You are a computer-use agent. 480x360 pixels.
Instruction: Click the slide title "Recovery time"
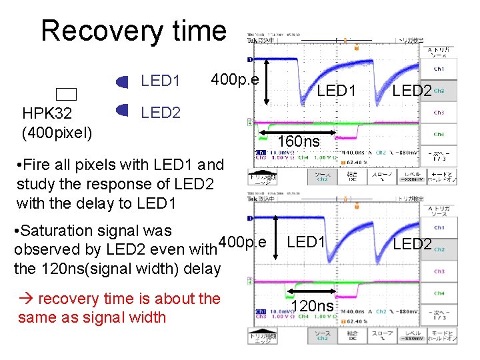133,31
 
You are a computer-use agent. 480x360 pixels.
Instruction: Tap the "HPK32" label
47,114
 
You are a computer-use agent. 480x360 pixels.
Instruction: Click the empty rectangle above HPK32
67,95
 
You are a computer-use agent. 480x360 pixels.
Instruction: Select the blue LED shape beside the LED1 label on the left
122,82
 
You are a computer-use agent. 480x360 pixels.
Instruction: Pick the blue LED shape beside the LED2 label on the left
122,110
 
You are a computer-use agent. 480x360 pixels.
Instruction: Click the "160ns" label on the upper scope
299,141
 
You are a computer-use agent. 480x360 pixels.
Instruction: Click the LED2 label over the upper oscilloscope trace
412,90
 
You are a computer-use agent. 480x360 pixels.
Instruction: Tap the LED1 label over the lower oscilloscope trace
306,242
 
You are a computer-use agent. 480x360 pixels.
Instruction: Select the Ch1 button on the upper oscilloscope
439,69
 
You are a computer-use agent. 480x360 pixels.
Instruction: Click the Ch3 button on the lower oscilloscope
439,271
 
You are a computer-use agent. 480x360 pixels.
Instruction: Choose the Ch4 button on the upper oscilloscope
439,134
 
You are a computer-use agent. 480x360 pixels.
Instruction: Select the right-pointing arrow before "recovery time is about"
27,299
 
